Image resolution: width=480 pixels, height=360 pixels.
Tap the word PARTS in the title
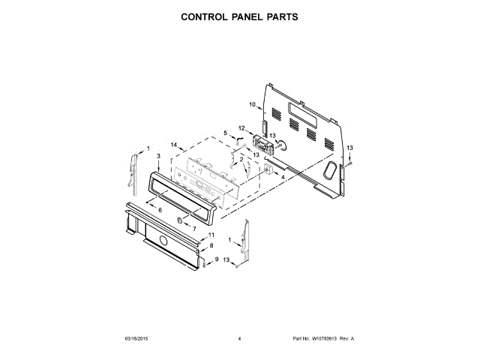click(280, 16)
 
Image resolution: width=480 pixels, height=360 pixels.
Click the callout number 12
click(241, 128)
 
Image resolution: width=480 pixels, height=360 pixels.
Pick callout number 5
click(225, 133)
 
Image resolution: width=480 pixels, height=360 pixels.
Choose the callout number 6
click(160, 210)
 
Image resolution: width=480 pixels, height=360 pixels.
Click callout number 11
click(211, 235)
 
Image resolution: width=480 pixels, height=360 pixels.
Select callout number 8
click(211, 245)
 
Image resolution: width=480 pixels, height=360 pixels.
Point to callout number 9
click(217, 259)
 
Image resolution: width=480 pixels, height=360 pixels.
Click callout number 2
click(241, 160)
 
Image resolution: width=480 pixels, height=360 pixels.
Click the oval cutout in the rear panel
click(328, 171)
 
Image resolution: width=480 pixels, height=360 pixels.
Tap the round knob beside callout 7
click(181, 220)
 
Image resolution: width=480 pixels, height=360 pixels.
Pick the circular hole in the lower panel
click(162, 240)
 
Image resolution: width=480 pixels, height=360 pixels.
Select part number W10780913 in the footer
click(325, 340)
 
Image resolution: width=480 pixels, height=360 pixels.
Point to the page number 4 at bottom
click(239, 340)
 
